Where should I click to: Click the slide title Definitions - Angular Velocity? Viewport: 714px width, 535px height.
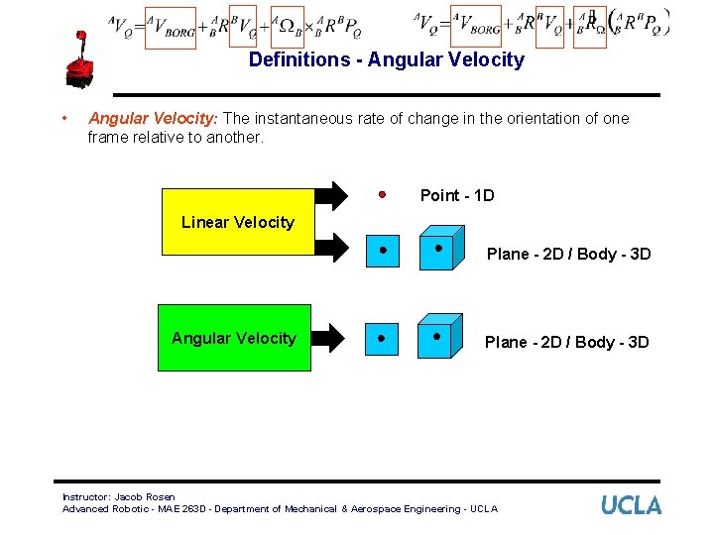(x=386, y=59)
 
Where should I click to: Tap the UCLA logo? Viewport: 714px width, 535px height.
(x=631, y=505)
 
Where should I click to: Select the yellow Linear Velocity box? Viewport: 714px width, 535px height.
(x=238, y=222)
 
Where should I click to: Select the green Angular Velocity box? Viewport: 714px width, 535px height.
(x=234, y=338)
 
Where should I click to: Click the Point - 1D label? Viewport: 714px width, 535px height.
(x=456, y=195)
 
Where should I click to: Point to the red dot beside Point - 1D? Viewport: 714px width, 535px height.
(x=382, y=194)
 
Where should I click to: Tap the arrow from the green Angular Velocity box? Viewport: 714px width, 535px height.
(x=330, y=339)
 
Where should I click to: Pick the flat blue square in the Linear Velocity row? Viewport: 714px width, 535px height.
(x=382, y=252)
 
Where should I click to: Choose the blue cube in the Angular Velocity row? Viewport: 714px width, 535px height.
(x=439, y=339)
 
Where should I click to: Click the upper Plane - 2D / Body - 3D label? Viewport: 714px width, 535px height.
(x=568, y=254)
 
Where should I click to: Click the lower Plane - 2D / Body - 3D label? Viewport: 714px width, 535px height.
(x=566, y=342)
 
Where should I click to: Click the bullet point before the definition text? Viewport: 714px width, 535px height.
(x=63, y=118)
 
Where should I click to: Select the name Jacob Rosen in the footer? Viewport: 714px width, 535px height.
(x=145, y=497)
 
